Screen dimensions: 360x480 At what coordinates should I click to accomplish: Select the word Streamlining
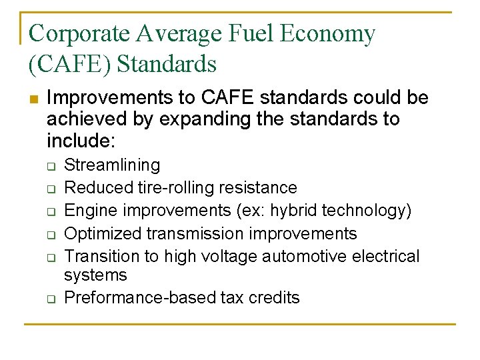pyautogui.click(x=112, y=165)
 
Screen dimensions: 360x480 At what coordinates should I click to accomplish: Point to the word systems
pyautogui.click(x=95, y=275)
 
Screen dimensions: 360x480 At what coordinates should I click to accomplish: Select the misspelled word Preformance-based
pyautogui.click(x=140, y=297)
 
